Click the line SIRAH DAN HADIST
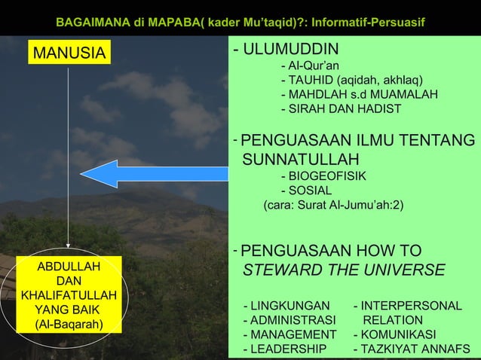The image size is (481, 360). pyautogui.click(x=341, y=109)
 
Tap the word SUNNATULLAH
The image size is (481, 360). pyautogui.click(x=300, y=159)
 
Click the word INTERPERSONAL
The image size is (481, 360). pyautogui.click(x=412, y=306)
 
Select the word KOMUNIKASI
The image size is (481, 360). pyautogui.click(x=399, y=334)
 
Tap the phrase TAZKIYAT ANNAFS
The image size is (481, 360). pyautogui.click(x=415, y=349)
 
